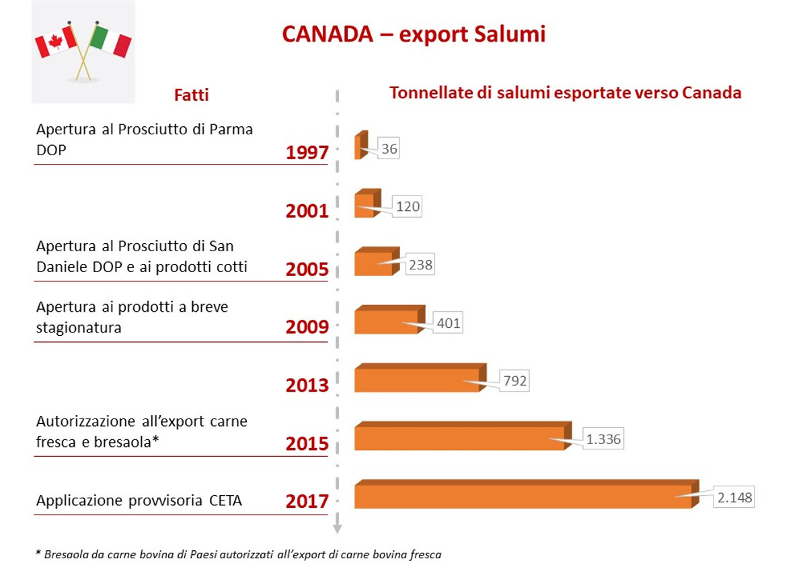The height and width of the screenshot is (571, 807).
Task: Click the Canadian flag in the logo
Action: [x=55, y=42]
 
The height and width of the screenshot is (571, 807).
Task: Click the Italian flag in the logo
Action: [x=112, y=41]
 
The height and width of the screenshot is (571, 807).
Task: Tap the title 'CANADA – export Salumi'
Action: [x=414, y=34]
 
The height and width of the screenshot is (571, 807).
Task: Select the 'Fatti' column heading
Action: [x=192, y=95]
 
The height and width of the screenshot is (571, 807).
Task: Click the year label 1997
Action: [x=307, y=153]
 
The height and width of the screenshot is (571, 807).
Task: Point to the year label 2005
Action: [x=307, y=269]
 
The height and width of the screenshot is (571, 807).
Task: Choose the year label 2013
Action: [x=307, y=386]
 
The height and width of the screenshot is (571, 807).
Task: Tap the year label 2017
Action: [x=307, y=501]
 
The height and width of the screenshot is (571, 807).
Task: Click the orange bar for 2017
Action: [x=523, y=496]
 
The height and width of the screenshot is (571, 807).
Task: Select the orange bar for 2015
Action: [x=459, y=438]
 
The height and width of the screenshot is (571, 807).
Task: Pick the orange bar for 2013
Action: [x=416, y=380]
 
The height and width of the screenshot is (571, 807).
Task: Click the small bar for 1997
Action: [x=358, y=147]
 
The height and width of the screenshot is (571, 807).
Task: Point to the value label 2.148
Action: [x=734, y=498]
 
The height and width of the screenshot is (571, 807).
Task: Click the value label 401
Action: [x=448, y=323]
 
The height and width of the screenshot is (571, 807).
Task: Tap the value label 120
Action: [x=408, y=206]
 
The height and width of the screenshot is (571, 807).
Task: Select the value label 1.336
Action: [x=603, y=439]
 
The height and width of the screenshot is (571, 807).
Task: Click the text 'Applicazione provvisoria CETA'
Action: [x=139, y=501]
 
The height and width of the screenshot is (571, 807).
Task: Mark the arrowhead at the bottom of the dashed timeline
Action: [x=338, y=528]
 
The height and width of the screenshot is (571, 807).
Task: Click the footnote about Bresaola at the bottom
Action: [x=239, y=554]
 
